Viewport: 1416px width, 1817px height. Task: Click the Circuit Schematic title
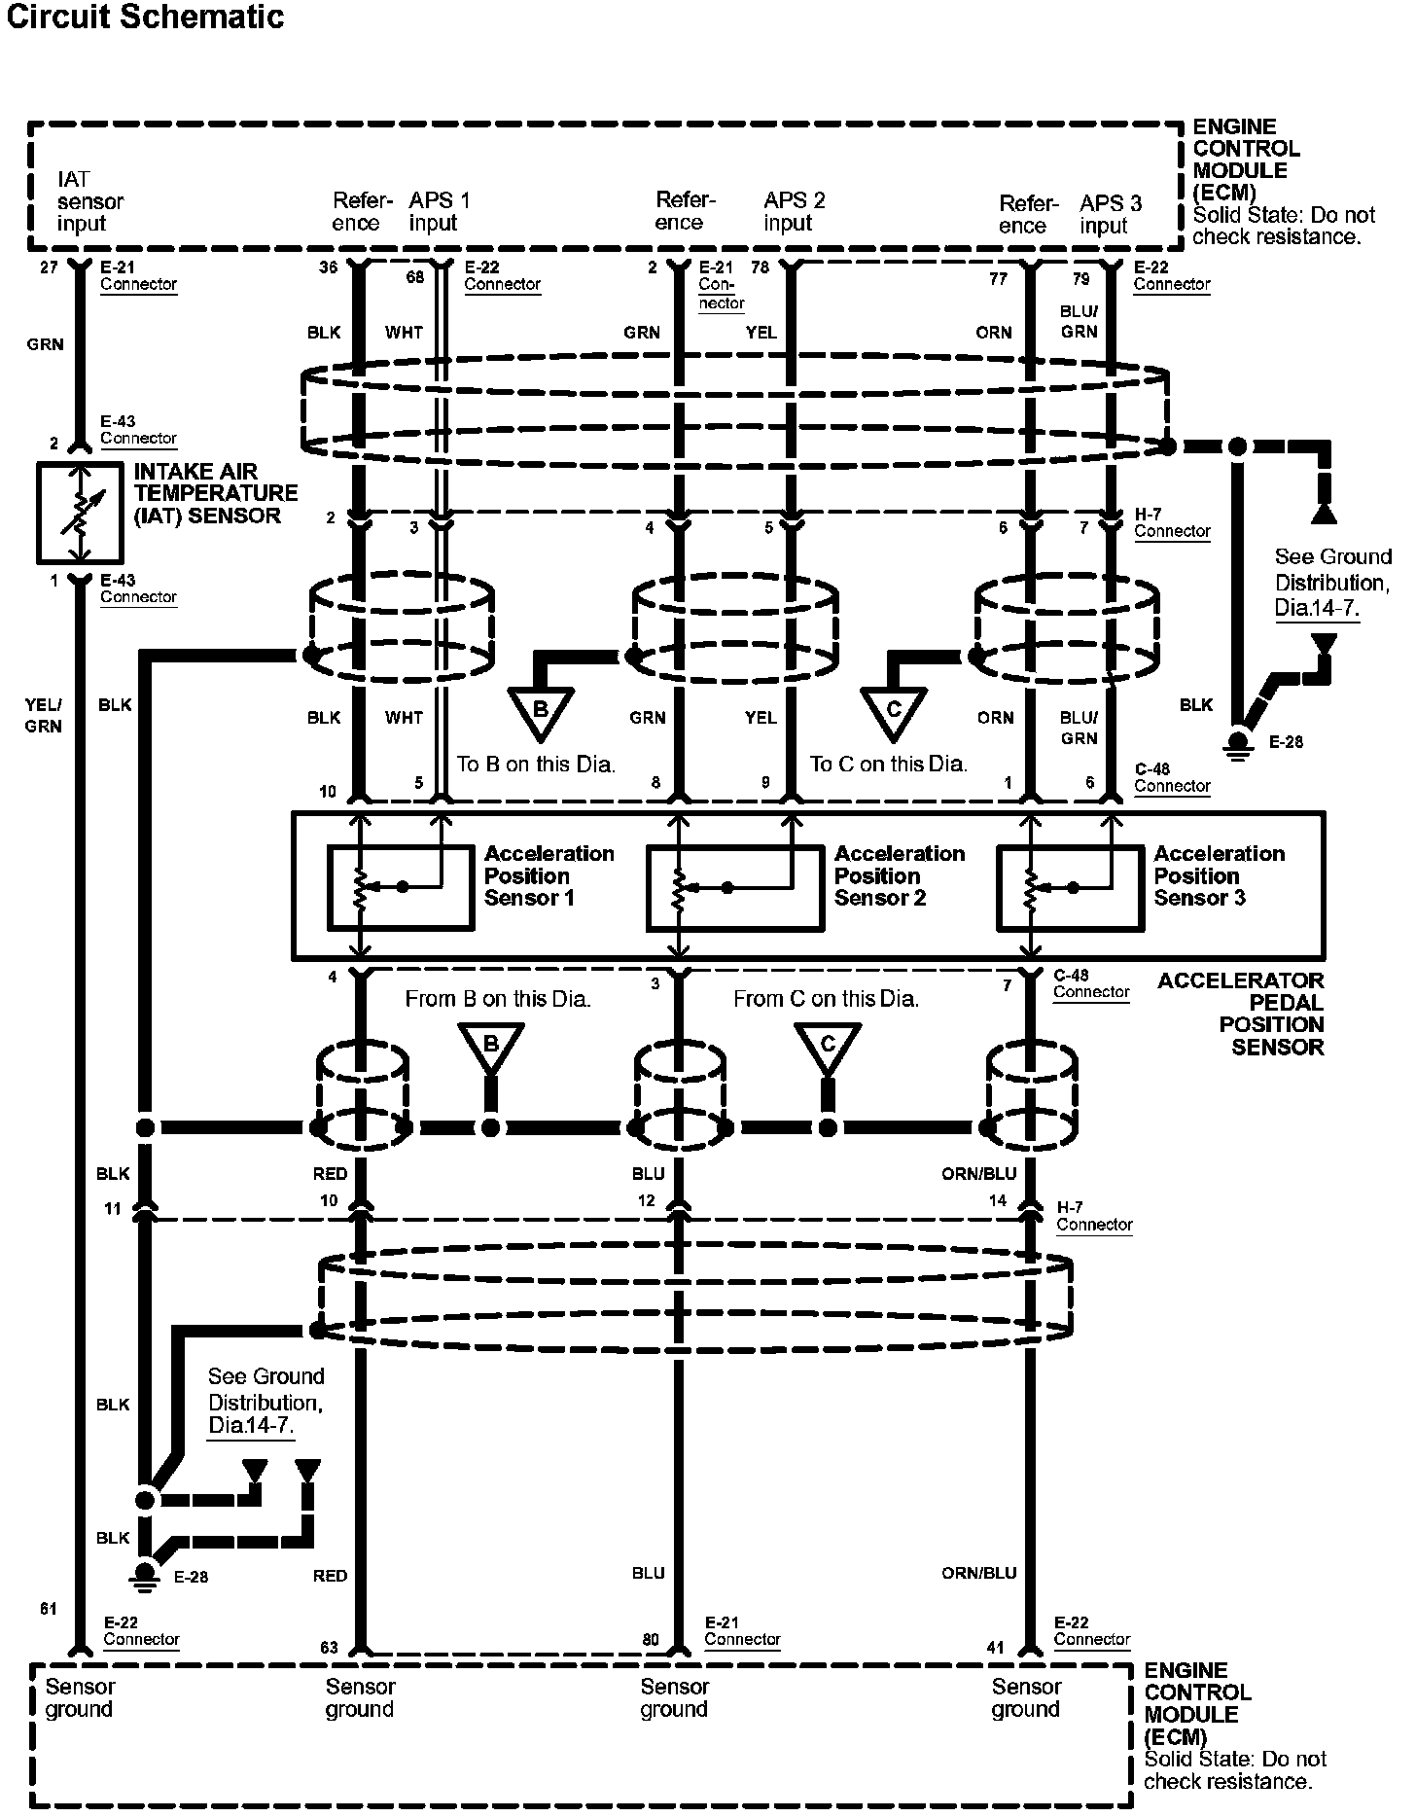(146, 17)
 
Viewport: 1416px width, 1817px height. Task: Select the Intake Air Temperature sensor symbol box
(80, 513)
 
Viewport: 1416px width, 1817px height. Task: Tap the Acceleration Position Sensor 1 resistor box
(400, 888)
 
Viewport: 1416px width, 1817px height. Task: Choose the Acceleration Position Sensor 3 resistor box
(1069, 888)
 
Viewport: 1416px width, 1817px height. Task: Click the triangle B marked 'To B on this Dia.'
(541, 713)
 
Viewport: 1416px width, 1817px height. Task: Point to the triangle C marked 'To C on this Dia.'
(894, 713)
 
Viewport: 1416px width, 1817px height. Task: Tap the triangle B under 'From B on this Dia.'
(491, 1049)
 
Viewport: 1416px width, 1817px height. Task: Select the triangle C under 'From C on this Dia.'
(828, 1049)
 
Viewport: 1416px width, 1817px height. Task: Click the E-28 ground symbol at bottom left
(146, 1574)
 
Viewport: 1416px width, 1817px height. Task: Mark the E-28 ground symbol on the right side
(1237, 741)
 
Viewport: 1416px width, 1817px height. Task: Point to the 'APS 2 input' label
(794, 211)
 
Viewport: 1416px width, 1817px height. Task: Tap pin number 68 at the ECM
(415, 277)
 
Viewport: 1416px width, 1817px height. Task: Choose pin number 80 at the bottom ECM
(651, 1639)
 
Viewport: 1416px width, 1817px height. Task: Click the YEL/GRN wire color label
(44, 716)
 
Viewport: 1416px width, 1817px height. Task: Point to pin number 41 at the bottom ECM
(995, 1648)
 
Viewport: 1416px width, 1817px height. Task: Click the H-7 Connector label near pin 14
(1094, 1216)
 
